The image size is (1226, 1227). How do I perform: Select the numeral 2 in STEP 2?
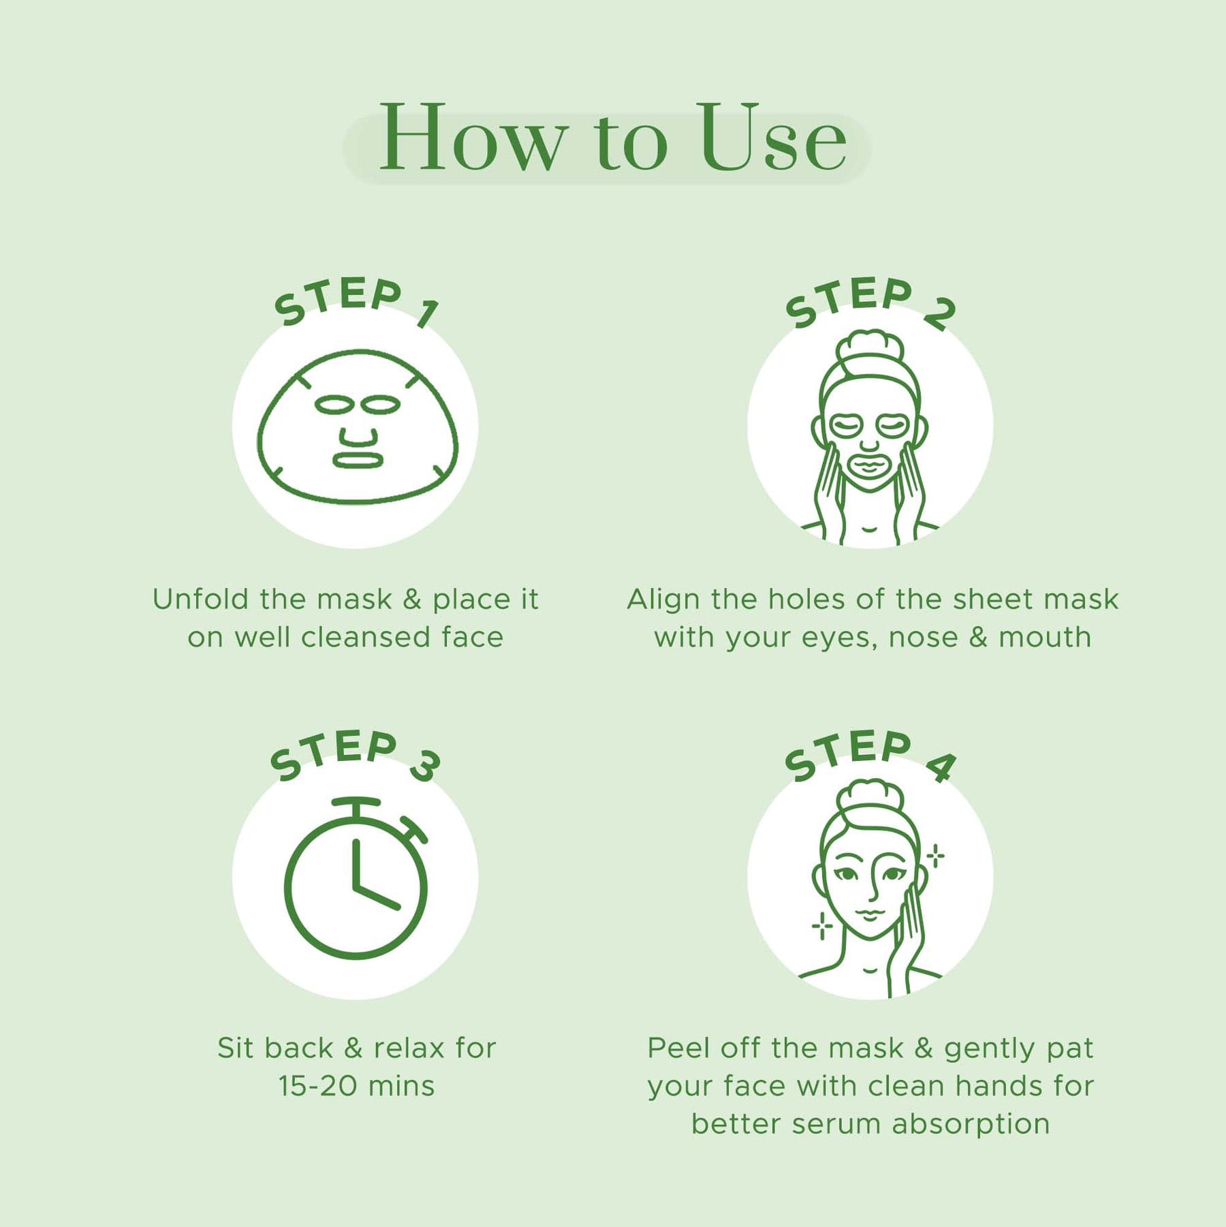click(x=941, y=313)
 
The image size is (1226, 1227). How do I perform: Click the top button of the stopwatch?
click(x=356, y=805)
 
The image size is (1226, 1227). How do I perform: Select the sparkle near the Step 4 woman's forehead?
click(x=936, y=856)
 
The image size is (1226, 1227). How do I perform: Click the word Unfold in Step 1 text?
click(x=200, y=600)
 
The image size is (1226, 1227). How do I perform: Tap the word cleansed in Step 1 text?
click(x=365, y=638)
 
